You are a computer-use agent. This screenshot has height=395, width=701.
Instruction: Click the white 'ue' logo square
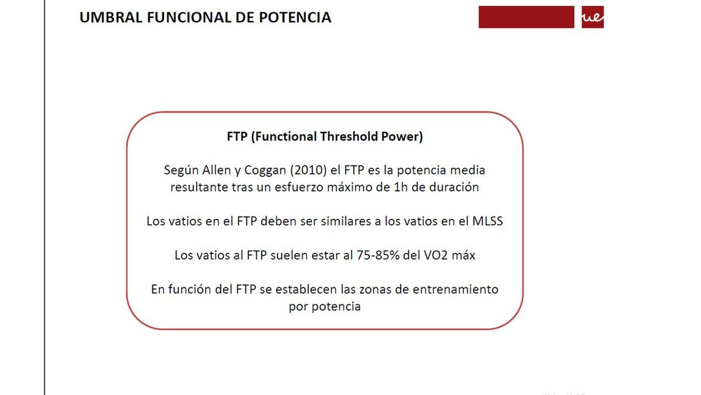(x=592, y=18)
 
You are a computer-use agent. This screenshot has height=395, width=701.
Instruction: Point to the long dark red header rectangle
(x=526, y=17)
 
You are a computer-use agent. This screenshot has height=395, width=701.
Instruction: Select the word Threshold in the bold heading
(x=349, y=137)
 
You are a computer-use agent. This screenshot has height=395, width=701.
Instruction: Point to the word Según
(x=179, y=171)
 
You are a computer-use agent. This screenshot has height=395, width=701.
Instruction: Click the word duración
(x=455, y=188)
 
